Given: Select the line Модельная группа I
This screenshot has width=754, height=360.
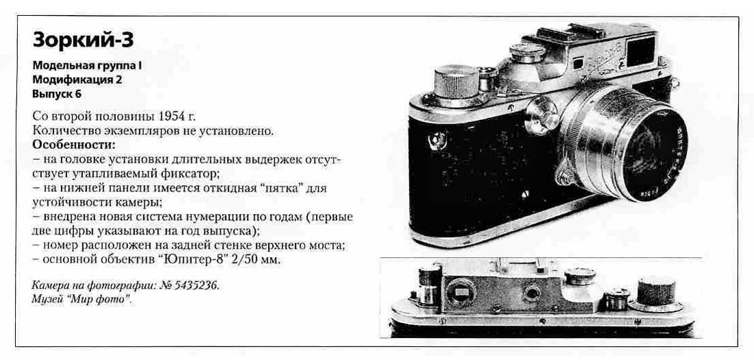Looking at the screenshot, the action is [x=87, y=67].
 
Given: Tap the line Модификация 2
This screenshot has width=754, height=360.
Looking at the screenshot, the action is [x=77, y=80].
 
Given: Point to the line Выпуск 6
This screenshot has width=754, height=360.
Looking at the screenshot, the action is [x=57, y=94].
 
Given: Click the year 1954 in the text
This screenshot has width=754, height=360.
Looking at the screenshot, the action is [x=173, y=117].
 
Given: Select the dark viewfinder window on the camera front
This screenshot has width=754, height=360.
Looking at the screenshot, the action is [x=640, y=51].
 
